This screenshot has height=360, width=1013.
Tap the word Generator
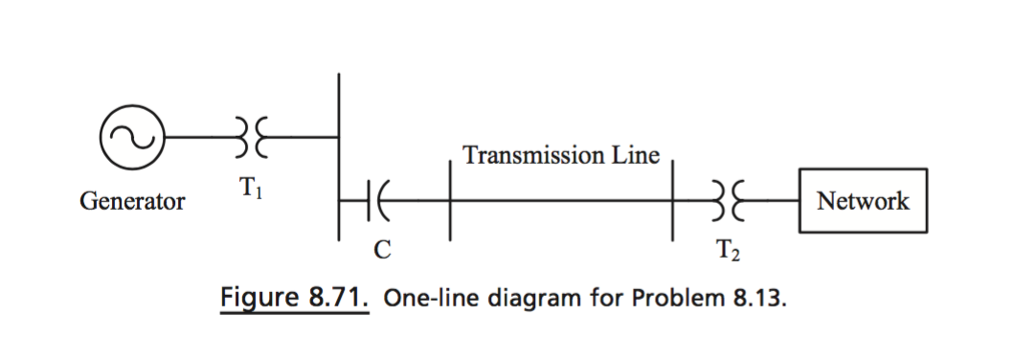(x=133, y=202)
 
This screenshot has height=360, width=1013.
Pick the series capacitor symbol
(x=374, y=202)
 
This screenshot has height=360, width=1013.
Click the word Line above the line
(x=635, y=155)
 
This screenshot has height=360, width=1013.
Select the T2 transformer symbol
(x=725, y=202)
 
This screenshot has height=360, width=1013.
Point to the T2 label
(x=726, y=253)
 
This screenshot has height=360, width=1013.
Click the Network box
(x=863, y=202)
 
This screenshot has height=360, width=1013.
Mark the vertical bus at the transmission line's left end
(x=449, y=202)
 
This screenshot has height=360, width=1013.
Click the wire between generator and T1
(x=197, y=138)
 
